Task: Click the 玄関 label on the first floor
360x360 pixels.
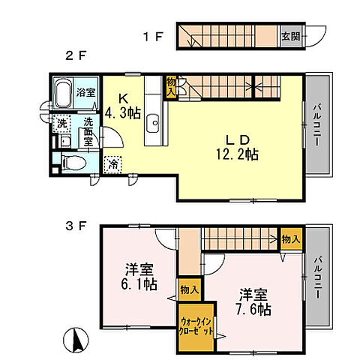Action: coord(289,34)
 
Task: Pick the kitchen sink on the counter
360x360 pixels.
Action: coord(154,121)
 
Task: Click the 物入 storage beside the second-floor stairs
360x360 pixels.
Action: coord(172,85)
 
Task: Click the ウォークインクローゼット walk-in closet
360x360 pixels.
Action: coord(196,326)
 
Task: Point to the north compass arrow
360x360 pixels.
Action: coord(76,342)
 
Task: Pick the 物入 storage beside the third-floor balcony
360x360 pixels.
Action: coord(291,238)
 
